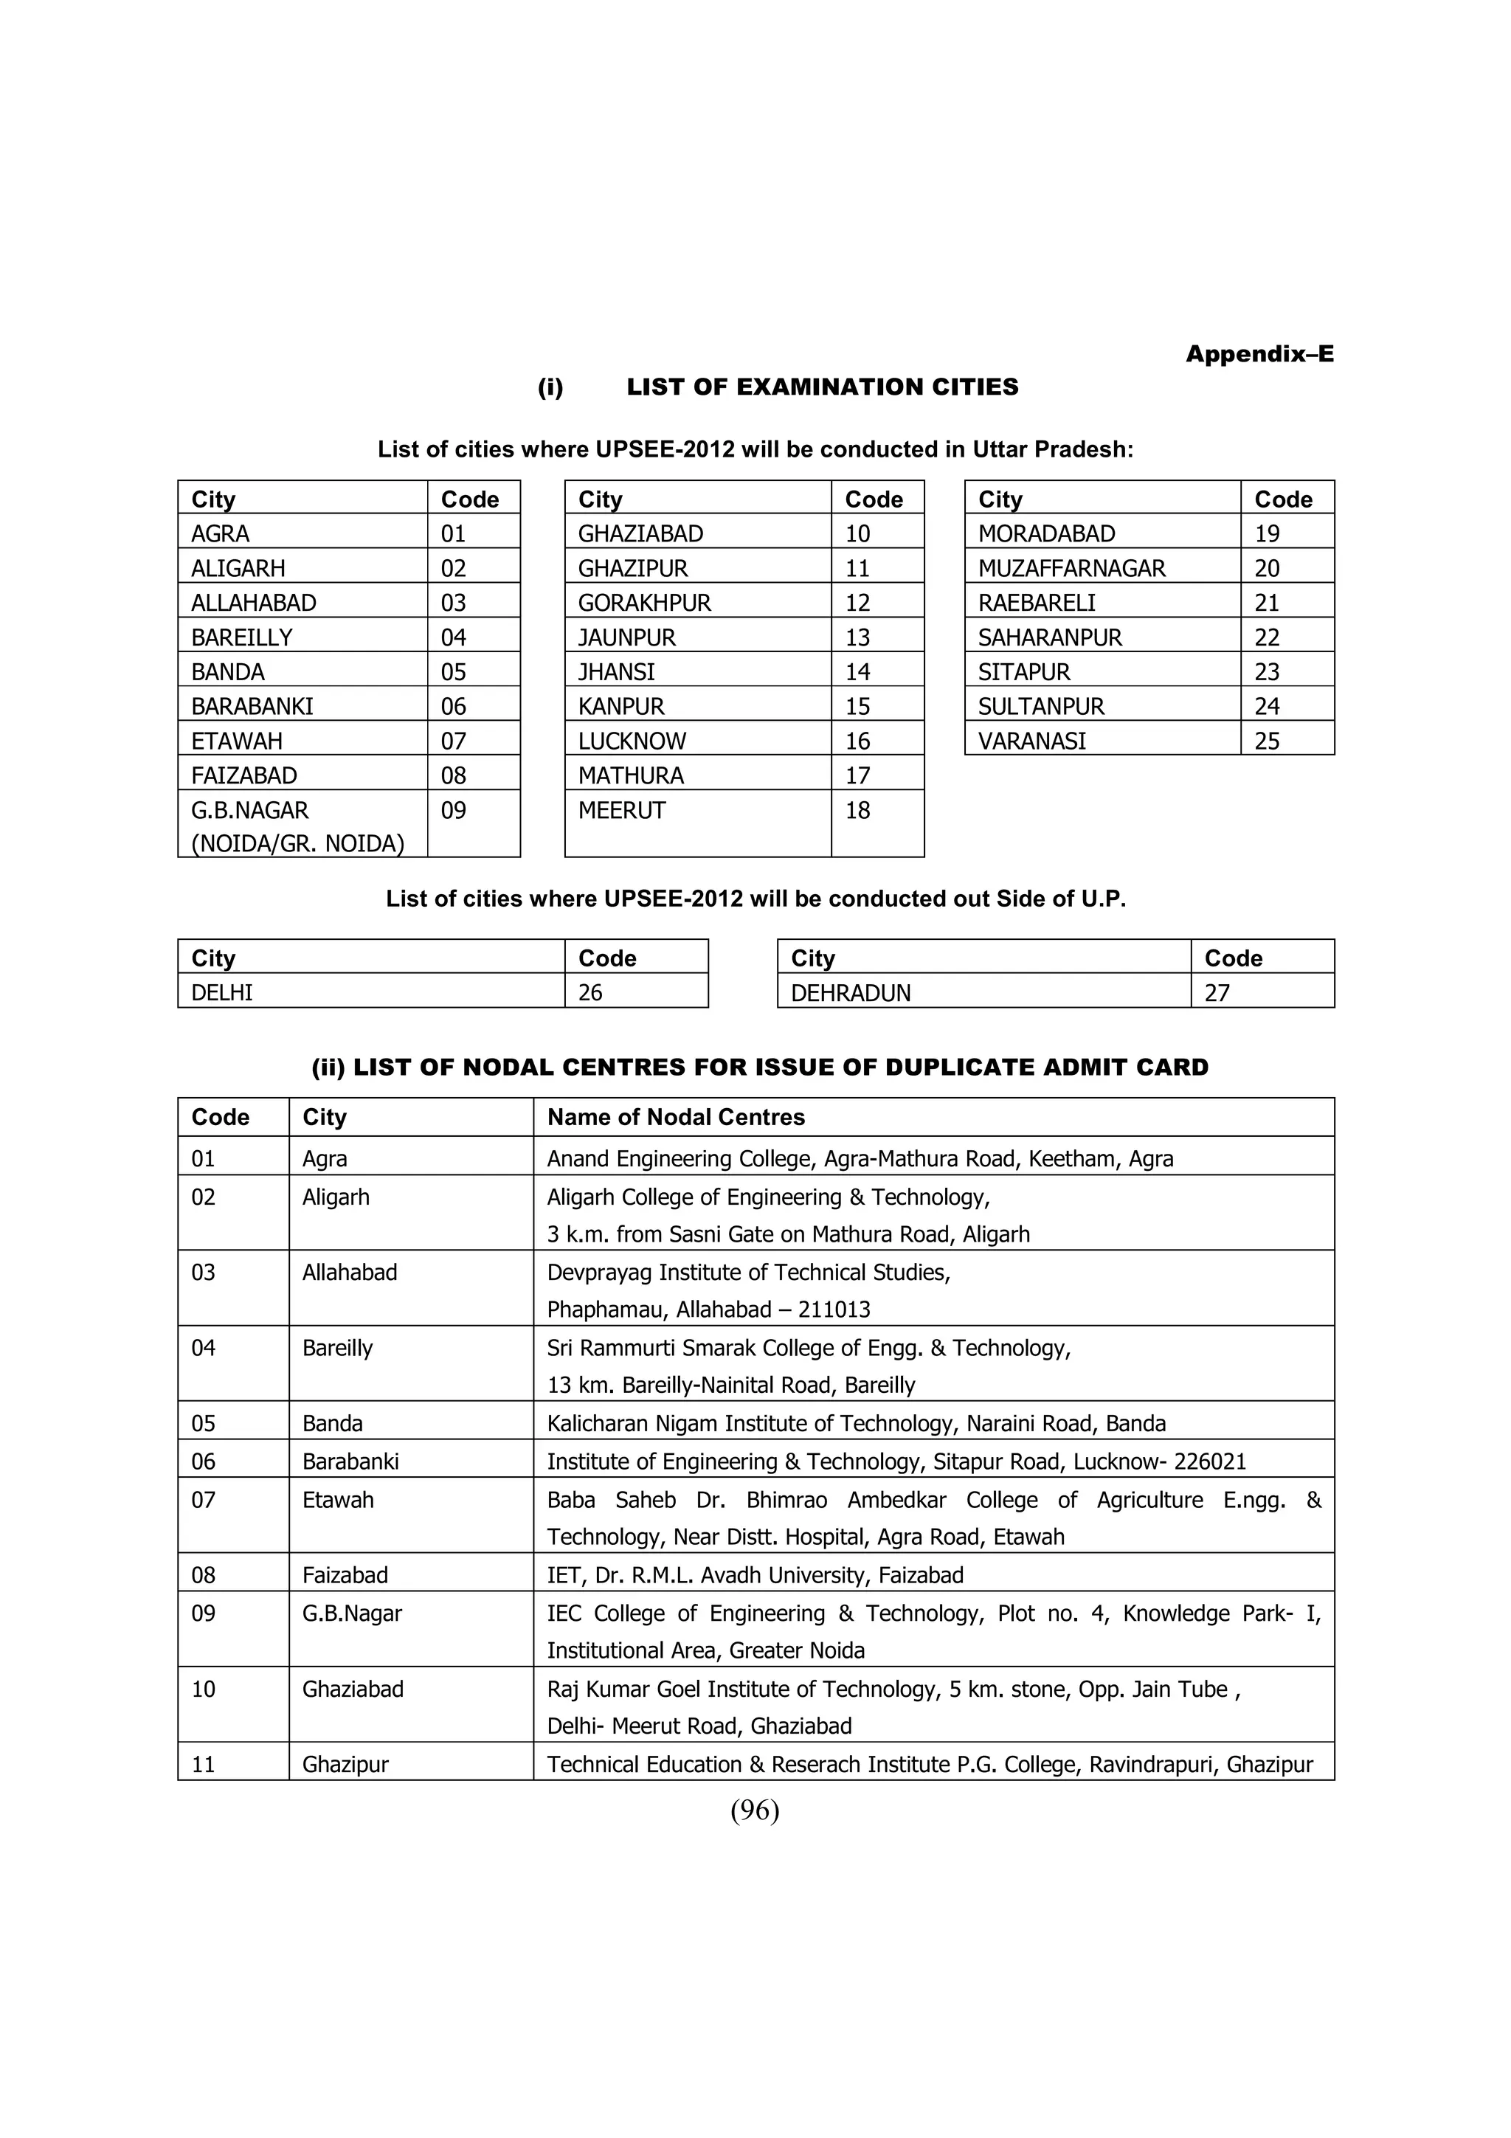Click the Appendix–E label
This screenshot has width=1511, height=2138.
point(1259,354)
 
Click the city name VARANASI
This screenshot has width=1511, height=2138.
point(1031,741)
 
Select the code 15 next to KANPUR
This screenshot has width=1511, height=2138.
point(857,707)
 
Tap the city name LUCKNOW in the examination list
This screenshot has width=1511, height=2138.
point(632,741)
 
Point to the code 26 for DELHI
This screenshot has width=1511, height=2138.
point(590,993)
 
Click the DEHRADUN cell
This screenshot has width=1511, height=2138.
point(850,993)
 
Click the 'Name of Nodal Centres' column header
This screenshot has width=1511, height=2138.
point(675,1118)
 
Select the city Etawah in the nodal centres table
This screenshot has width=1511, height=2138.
point(337,1500)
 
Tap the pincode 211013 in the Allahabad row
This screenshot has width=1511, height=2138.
point(834,1310)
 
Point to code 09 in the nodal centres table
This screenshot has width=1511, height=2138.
point(203,1613)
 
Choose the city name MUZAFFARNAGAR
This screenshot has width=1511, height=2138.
point(1071,568)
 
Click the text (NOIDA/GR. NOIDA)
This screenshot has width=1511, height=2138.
point(297,844)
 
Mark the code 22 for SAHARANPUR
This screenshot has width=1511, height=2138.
point(1266,638)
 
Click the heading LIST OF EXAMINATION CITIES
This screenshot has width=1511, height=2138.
point(822,387)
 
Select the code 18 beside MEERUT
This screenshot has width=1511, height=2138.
point(857,810)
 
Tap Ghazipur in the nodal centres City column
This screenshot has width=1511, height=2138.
point(345,1765)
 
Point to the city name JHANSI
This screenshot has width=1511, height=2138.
point(615,672)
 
